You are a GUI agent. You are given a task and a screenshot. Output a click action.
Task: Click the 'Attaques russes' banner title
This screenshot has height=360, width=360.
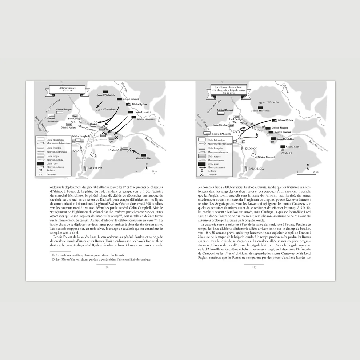tap(67, 89)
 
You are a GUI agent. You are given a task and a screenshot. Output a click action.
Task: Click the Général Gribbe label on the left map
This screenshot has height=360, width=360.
tap(144, 158)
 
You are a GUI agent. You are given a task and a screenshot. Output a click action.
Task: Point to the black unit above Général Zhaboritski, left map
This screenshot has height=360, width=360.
tap(106, 91)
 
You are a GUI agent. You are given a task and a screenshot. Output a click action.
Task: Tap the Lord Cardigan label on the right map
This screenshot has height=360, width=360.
tap(236, 119)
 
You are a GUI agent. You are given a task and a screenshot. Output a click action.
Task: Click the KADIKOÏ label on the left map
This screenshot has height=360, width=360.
tap(79, 150)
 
